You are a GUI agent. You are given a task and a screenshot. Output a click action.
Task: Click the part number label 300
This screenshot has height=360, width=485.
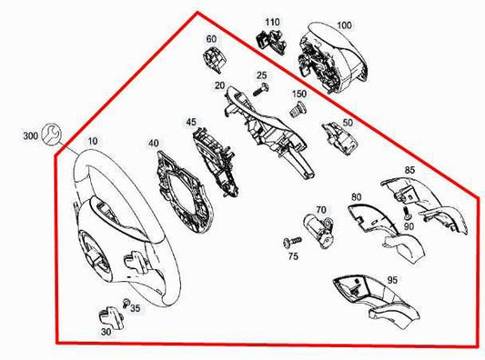[x=29, y=135]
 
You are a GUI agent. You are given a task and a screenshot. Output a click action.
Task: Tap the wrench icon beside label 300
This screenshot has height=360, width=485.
[x=51, y=134]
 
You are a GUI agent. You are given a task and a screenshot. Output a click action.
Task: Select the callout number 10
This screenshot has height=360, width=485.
[x=95, y=143]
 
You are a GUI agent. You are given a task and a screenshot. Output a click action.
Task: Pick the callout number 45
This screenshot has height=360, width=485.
[x=191, y=121]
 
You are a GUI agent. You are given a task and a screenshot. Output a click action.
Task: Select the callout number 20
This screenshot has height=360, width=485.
[x=219, y=86]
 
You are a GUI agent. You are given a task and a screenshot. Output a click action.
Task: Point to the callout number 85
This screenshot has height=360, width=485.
[x=409, y=170]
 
